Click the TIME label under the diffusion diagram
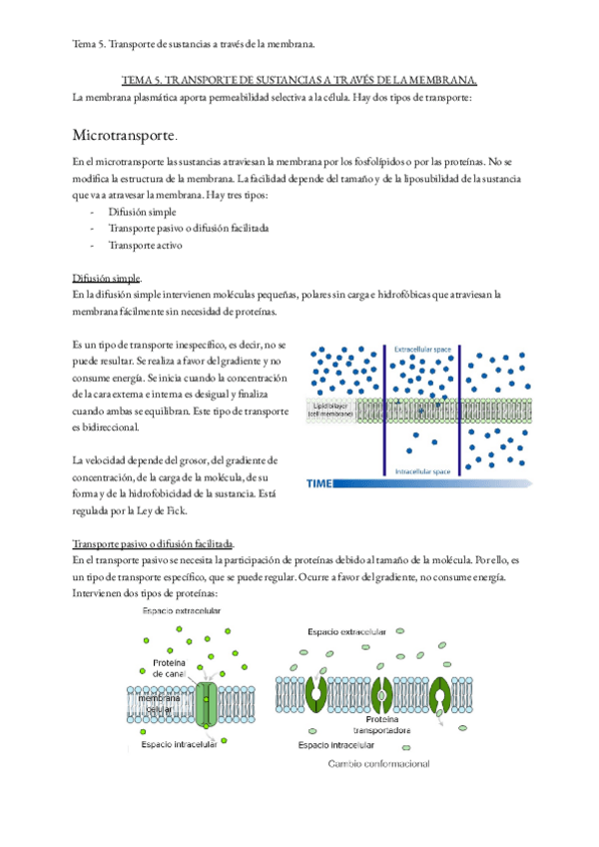point(319,483)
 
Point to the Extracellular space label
point(422,350)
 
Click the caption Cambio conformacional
point(379,764)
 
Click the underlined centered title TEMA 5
point(299,79)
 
